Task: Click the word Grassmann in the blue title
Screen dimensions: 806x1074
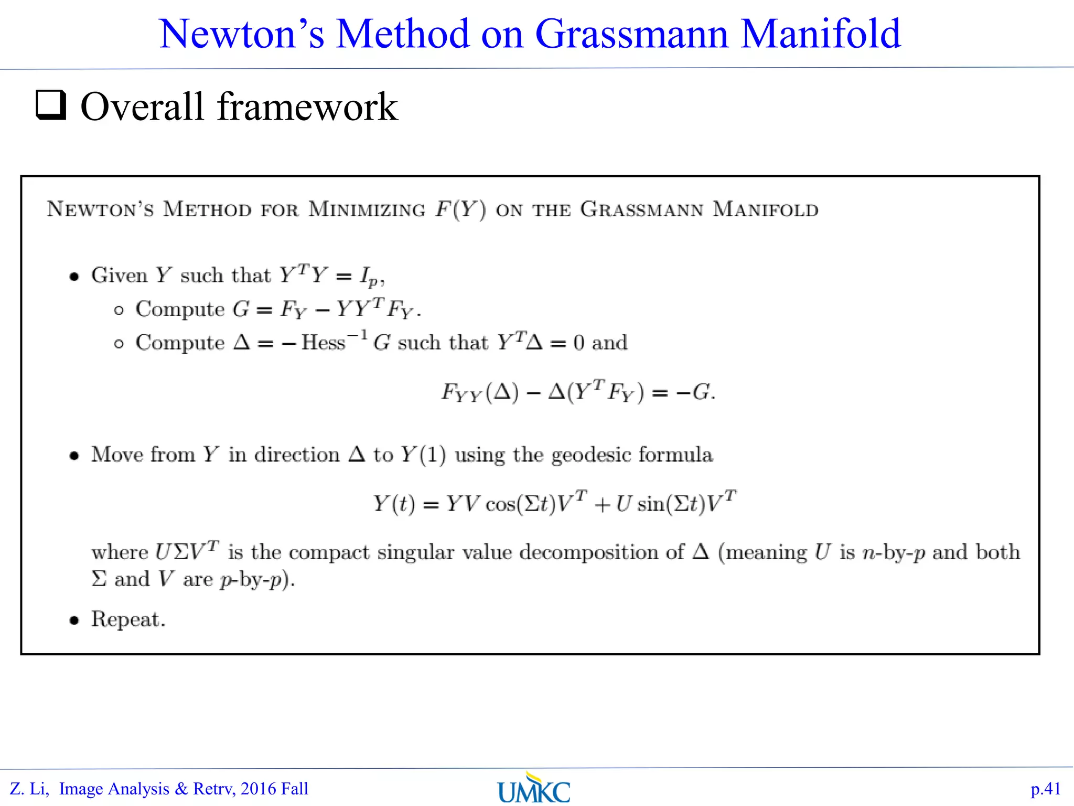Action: pyautogui.click(x=631, y=34)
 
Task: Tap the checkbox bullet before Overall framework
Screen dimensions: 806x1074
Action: pyautogui.click(x=51, y=105)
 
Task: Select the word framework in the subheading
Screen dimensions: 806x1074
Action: pyautogui.click(x=307, y=107)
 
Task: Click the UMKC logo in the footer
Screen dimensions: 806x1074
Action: pyautogui.click(x=534, y=789)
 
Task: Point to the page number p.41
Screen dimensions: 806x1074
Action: pyautogui.click(x=1045, y=789)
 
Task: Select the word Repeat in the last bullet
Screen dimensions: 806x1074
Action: pyautogui.click(x=125, y=619)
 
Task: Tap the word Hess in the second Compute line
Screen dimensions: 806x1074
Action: pyautogui.click(x=323, y=343)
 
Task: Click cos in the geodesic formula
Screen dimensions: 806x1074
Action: pyautogui.click(x=500, y=504)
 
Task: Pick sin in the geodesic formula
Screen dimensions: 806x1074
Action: pyautogui.click(x=651, y=504)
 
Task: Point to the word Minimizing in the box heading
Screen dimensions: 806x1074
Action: pyautogui.click(x=367, y=209)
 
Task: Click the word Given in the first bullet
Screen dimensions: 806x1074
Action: pyautogui.click(x=119, y=275)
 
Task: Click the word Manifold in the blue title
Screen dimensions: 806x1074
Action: pyautogui.click(x=821, y=34)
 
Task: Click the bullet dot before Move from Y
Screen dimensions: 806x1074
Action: pyautogui.click(x=74, y=455)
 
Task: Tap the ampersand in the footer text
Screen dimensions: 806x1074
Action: pyautogui.click(x=181, y=789)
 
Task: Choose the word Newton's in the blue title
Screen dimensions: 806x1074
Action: pyautogui.click(x=242, y=34)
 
